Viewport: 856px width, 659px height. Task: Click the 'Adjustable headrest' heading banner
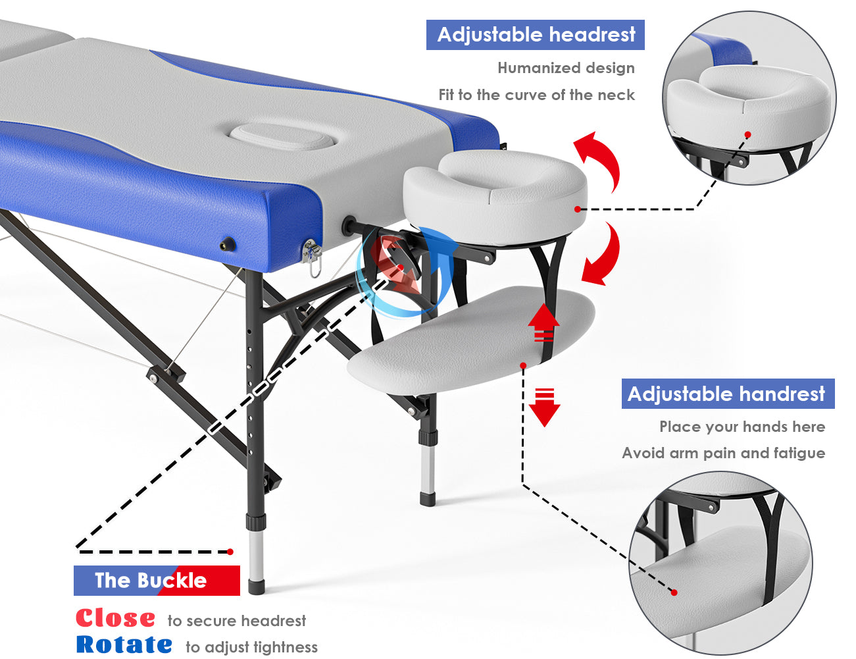[535, 35]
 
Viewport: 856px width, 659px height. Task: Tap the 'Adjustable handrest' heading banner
[728, 393]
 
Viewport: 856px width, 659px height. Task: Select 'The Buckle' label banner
[157, 580]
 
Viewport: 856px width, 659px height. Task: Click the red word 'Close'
[115, 618]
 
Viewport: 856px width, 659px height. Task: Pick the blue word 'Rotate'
[124, 645]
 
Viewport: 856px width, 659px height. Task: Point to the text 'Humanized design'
[566, 68]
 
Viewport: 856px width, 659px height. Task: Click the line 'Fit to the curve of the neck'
[536, 95]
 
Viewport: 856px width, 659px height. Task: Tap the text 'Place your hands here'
[742, 427]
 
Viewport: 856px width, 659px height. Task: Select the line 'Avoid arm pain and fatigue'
[724, 453]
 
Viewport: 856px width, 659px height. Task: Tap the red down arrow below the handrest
[544, 408]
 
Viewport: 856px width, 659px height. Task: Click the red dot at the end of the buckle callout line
[230, 552]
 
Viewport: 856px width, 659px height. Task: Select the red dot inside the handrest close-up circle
[674, 593]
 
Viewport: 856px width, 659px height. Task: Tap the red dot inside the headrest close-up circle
[747, 135]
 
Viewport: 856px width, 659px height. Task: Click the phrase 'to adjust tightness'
[251, 646]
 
